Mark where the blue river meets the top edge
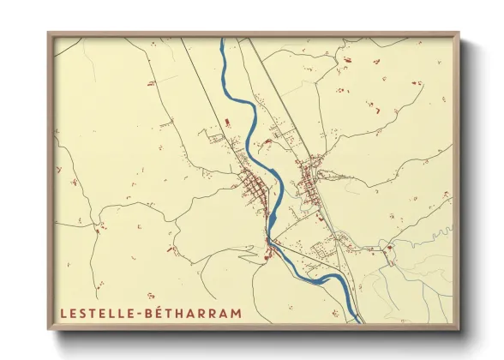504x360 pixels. (224, 39)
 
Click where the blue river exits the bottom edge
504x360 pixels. (353, 321)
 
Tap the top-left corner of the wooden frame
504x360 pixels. (50, 34)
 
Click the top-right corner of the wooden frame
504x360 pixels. (458, 34)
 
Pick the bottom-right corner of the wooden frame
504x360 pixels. (458, 327)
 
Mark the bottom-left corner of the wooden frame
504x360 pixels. (50, 327)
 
